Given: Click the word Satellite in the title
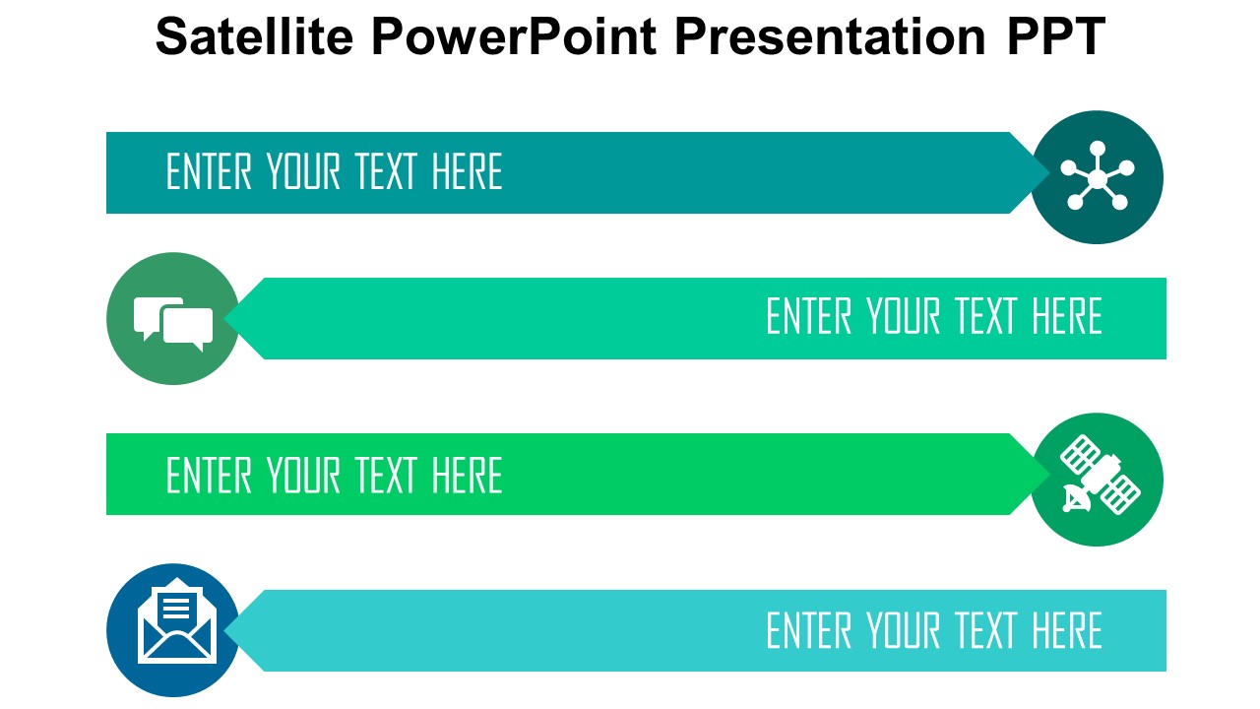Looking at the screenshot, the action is [x=254, y=36].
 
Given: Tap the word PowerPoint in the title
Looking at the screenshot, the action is [x=514, y=36].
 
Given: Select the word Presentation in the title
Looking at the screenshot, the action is [x=830, y=36].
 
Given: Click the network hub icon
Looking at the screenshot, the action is [x=1097, y=176].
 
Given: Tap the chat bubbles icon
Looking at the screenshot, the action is [x=173, y=324].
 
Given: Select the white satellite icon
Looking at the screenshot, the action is [x=1100, y=475].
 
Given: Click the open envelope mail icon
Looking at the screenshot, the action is [x=176, y=620].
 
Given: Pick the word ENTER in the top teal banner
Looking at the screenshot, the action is [x=209, y=171].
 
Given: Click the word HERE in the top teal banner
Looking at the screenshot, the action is [x=467, y=171].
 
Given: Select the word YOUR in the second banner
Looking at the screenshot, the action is [x=903, y=316].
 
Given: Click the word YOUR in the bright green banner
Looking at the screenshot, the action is [x=303, y=476].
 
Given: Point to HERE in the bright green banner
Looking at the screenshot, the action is [x=467, y=476].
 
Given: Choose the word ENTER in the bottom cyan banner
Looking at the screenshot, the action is [x=809, y=631].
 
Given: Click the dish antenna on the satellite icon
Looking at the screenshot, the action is [x=1076, y=499].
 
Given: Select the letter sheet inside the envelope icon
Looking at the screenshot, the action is [x=176, y=604].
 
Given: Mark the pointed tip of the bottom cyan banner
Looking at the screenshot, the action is [x=225, y=631].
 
